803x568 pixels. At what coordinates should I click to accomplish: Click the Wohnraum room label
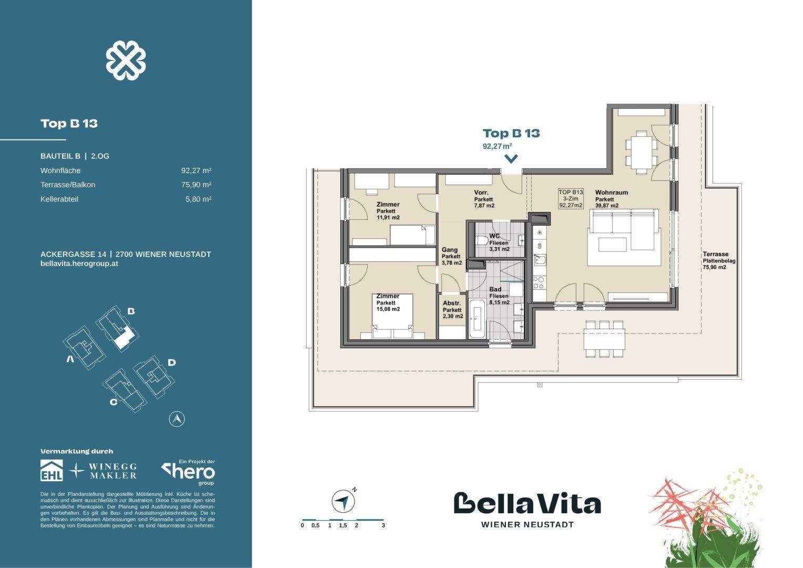612,192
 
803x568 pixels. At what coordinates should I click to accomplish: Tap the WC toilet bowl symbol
480,240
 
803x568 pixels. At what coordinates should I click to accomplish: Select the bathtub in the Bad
477,320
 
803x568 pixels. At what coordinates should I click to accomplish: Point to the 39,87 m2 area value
607,206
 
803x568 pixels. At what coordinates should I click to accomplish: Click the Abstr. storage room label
452,303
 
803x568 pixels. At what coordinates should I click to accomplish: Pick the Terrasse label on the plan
716,254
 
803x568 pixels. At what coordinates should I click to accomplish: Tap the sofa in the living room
624,229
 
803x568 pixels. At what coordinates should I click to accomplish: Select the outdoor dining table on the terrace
604,339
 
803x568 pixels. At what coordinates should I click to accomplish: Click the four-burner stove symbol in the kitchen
539,282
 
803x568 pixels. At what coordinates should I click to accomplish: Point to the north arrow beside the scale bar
343,501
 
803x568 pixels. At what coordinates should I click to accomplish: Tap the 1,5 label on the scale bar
343,526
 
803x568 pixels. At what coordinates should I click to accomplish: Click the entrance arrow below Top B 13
511,159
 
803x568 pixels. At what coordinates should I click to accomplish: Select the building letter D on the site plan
172,362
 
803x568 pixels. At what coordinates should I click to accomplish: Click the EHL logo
52,470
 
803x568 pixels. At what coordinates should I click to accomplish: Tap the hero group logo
189,472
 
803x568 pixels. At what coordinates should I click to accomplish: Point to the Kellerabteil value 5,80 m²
198,199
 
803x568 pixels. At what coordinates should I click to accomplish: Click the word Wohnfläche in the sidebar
60,171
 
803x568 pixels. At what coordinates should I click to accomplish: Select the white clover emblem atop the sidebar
126,60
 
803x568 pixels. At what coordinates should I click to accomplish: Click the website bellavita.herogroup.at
79,263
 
